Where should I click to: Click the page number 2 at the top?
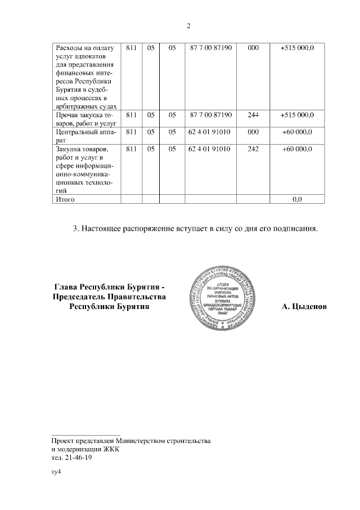(x=188, y=26)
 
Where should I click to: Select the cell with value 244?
(x=253, y=115)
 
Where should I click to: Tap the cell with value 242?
(x=253, y=149)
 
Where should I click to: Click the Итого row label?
(x=64, y=199)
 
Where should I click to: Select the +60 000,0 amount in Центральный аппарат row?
(x=298, y=132)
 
